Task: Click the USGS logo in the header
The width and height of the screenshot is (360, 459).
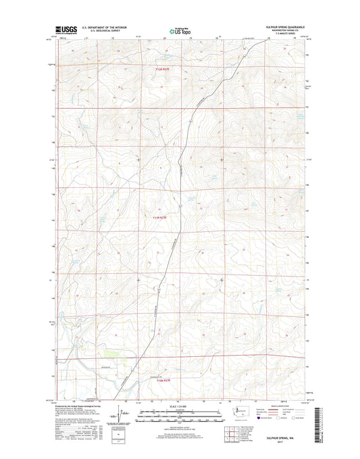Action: (x=66, y=30)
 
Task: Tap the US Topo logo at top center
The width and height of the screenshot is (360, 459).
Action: (x=179, y=30)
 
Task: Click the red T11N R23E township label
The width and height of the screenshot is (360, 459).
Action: (x=157, y=217)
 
